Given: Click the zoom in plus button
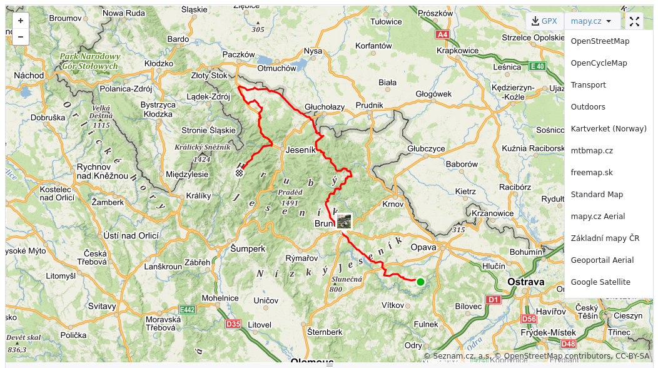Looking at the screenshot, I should point(21,21).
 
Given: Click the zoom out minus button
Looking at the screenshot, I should point(21,37).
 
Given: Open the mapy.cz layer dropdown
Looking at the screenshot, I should point(591,21).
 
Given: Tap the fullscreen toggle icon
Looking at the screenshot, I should point(634,21).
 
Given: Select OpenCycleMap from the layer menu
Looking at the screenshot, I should point(599,63).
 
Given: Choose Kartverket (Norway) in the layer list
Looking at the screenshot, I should point(608,129).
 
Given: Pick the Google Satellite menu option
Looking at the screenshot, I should point(600,282).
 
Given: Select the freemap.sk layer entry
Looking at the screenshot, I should point(592,173).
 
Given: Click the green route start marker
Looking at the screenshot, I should point(420,282).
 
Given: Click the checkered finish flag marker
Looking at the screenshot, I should point(240,173).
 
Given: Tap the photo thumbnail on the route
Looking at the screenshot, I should point(344,221).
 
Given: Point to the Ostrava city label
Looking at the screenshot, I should point(526,282).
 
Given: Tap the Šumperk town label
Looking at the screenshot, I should point(248,248).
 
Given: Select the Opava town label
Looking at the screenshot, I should point(423,247).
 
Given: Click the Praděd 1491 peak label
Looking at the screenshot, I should point(290,198).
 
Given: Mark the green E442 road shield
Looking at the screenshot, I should point(187,309).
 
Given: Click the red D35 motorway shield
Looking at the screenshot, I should point(233,324).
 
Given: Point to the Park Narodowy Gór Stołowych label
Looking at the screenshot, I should point(89,61).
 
